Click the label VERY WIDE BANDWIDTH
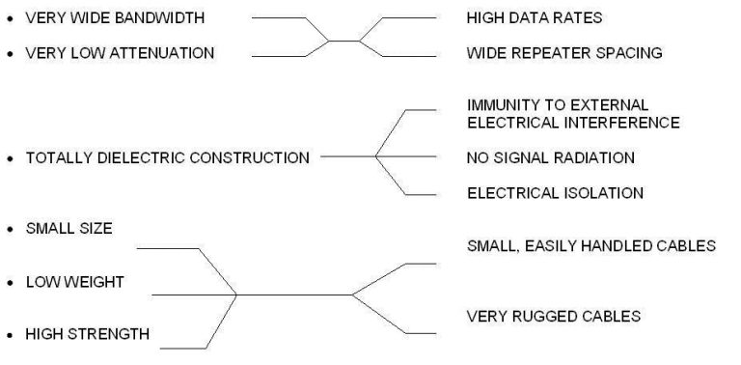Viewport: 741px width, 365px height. click(115, 18)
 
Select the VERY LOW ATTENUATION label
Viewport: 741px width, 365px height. click(120, 53)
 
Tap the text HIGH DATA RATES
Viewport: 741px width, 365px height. click(534, 18)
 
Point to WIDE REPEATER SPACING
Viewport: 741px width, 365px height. click(564, 53)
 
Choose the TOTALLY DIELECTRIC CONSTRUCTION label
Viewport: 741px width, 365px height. click(168, 157)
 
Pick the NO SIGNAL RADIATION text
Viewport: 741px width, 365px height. click(550, 157)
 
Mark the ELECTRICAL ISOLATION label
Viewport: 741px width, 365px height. click(555, 193)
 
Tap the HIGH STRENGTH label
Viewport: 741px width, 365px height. click(87, 334)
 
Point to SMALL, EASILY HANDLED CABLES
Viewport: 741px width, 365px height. click(590, 246)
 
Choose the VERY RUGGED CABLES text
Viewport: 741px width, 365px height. click(553, 316)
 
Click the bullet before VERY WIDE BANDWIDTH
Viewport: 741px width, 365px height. click(10, 19)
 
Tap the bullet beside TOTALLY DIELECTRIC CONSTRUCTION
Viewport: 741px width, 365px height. click(10, 158)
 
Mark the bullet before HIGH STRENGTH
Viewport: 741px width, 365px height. click(10, 335)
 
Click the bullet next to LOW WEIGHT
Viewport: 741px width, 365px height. click(10, 283)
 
